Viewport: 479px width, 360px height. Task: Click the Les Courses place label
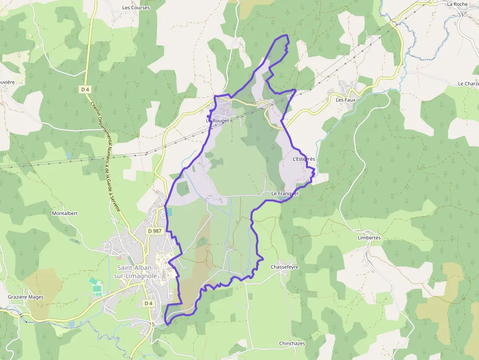(x=136, y=8)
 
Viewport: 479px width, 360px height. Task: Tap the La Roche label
(x=457, y=4)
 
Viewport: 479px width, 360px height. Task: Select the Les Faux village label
(x=346, y=100)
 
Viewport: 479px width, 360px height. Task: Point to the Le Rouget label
(x=218, y=120)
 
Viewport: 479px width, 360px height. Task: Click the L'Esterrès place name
(x=304, y=159)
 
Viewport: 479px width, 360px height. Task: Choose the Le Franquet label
(x=285, y=194)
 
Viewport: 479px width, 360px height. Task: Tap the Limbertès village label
(x=369, y=237)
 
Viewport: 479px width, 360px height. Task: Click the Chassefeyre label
(x=284, y=267)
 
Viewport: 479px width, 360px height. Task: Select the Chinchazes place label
(x=292, y=343)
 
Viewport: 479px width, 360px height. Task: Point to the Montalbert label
(x=65, y=213)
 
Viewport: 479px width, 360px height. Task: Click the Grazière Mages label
(x=26, y=297)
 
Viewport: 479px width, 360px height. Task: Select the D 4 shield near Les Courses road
(x=86, y=89)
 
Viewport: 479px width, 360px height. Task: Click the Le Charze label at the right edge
(x=468, y=84)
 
